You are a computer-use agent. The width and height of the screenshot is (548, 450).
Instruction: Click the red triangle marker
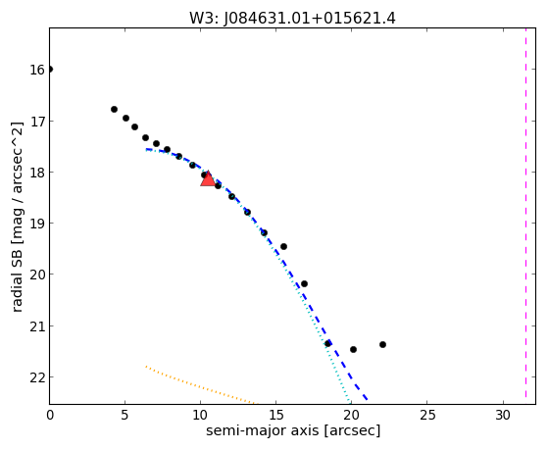[x=208, y=179]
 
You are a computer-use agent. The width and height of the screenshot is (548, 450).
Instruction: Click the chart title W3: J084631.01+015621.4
[x=292, y=19]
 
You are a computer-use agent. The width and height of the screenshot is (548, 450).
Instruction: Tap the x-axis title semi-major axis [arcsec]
[x=293, y=430]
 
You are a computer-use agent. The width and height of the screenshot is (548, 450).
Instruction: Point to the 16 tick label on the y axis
[x=37, y=70]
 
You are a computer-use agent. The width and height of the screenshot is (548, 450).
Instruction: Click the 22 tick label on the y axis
[x=37, y=377]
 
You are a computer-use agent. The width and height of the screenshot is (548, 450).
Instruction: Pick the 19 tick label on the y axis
[x=37, y=224]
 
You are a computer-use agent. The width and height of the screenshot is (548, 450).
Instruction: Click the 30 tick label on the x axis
[x=503, y=415]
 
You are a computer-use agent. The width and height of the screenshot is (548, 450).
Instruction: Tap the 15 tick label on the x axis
[x=276, y=415]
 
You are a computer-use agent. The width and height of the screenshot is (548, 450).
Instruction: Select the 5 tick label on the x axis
[x=125, y=415]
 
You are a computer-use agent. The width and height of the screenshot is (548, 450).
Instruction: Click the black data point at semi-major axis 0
[x=50, y=70]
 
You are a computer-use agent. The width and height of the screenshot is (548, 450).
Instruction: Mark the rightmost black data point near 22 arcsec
[x=382, y=344]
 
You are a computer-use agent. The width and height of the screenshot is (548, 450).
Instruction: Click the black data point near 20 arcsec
[x=353, y=349]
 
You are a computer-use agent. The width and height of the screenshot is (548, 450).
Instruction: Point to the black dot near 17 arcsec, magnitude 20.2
[x=305, y=283]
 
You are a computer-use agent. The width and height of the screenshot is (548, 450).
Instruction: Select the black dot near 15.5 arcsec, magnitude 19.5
[x=283, y=246]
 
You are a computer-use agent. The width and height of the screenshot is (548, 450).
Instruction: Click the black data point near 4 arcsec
[x=114, y=109]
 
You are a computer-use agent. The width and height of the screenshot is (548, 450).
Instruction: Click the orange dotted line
[x=200, y=385]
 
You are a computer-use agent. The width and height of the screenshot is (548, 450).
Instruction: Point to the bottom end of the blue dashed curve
[x=367, y=399]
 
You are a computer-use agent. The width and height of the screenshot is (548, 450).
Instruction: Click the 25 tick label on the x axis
[x=427, y=415]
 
